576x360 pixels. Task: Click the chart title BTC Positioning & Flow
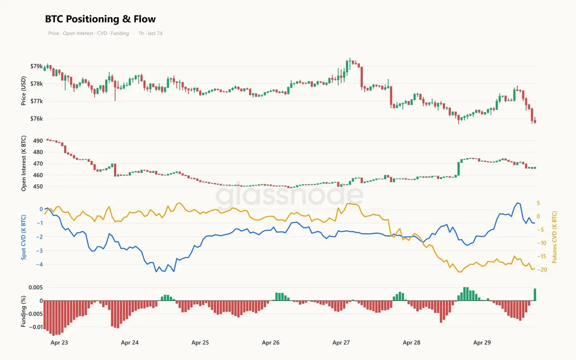click(100, 19)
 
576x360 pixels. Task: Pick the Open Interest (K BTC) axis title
click(24, 164)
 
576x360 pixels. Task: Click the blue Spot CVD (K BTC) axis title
click(24, 237)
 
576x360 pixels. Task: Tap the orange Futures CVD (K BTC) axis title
click(555, 237)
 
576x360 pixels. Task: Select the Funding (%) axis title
click(24, 312)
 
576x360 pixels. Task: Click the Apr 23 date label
click(59, 343)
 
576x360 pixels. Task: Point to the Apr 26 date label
click(271, 343)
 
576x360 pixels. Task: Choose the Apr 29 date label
click(482, 343)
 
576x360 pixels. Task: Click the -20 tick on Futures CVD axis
click(542, 270)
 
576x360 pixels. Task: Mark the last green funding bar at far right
click(535, 295)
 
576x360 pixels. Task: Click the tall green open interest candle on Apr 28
click(458, 168)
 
